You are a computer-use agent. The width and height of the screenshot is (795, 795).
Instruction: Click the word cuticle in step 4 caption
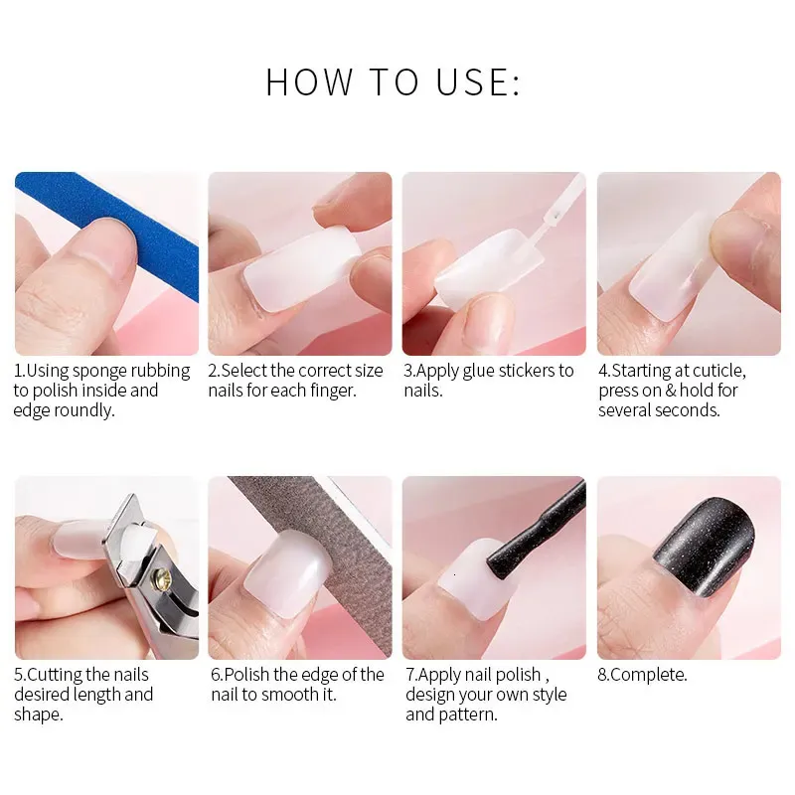[x=718, y=371]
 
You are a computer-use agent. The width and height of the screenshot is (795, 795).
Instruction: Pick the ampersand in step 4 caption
[x=671, y=391]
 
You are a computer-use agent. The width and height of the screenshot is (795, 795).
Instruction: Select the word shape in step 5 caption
[x=38, y=715]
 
